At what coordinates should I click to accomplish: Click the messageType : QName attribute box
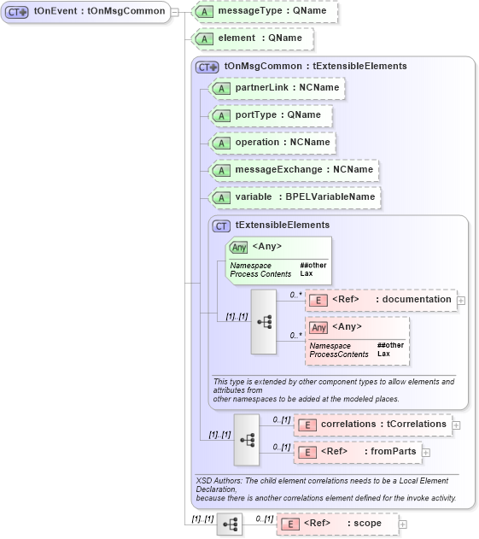point(266,12)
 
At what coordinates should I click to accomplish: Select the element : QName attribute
point(252,38)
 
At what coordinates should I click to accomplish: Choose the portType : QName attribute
point(269,115)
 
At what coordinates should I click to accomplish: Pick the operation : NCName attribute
point(273,143)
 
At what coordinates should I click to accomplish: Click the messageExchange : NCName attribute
point(295,170)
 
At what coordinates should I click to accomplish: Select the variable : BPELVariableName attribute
point(295,197)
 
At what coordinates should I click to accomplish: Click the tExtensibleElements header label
point(282,226)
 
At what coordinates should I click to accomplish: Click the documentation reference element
point(380,300)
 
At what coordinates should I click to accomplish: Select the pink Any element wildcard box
point(358,341)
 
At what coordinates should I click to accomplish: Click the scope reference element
point(336,524)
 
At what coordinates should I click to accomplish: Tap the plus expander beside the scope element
point(403,524)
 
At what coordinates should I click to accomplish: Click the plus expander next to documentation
point(461,300)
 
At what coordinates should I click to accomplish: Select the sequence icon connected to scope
point(230,524)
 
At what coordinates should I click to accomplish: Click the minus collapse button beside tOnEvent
point(174,12)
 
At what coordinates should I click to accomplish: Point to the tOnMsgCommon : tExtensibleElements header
point(303,66)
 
